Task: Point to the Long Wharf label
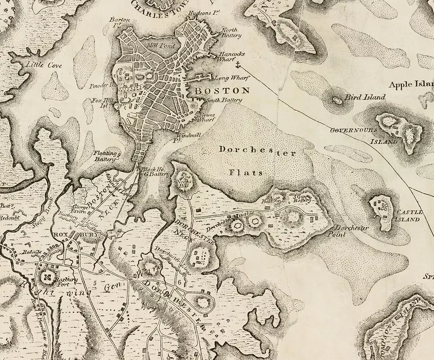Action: click(226, 78)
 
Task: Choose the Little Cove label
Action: click(43, 65)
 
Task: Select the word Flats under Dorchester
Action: click(246, 172)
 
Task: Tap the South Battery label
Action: click(225, 100)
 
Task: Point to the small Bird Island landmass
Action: click(337, 100)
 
